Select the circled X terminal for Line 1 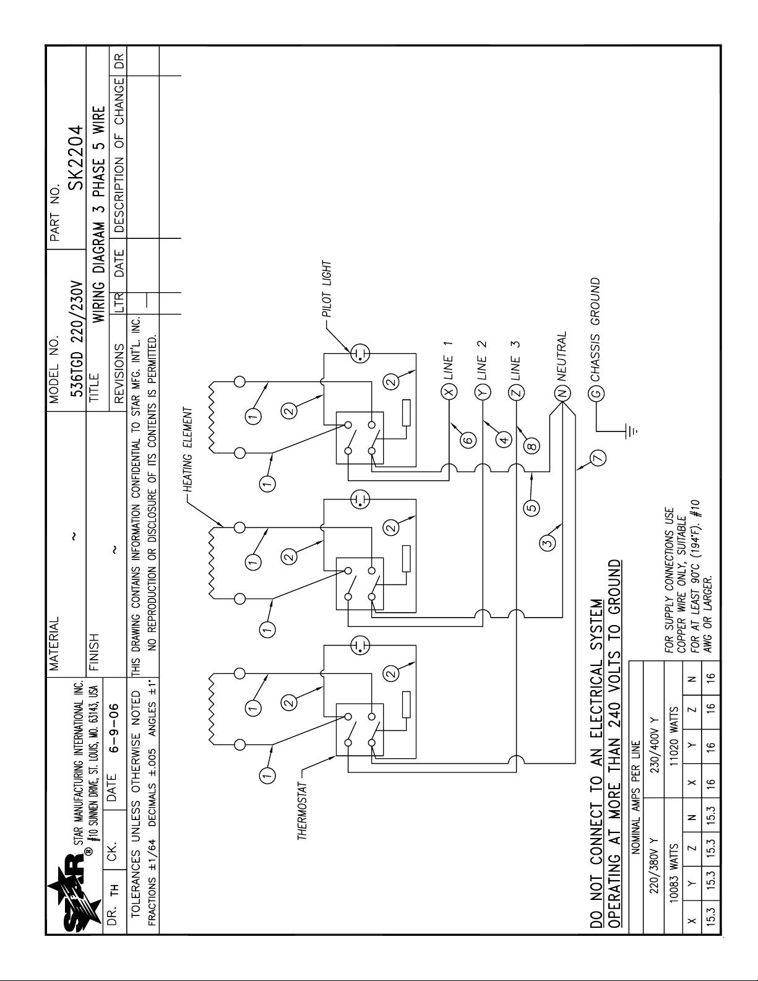click(x=448, y=392)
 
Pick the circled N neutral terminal click(x=562, y=392)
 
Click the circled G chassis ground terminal click(x=596, y=392)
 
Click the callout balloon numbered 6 click(x=468, y=441)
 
